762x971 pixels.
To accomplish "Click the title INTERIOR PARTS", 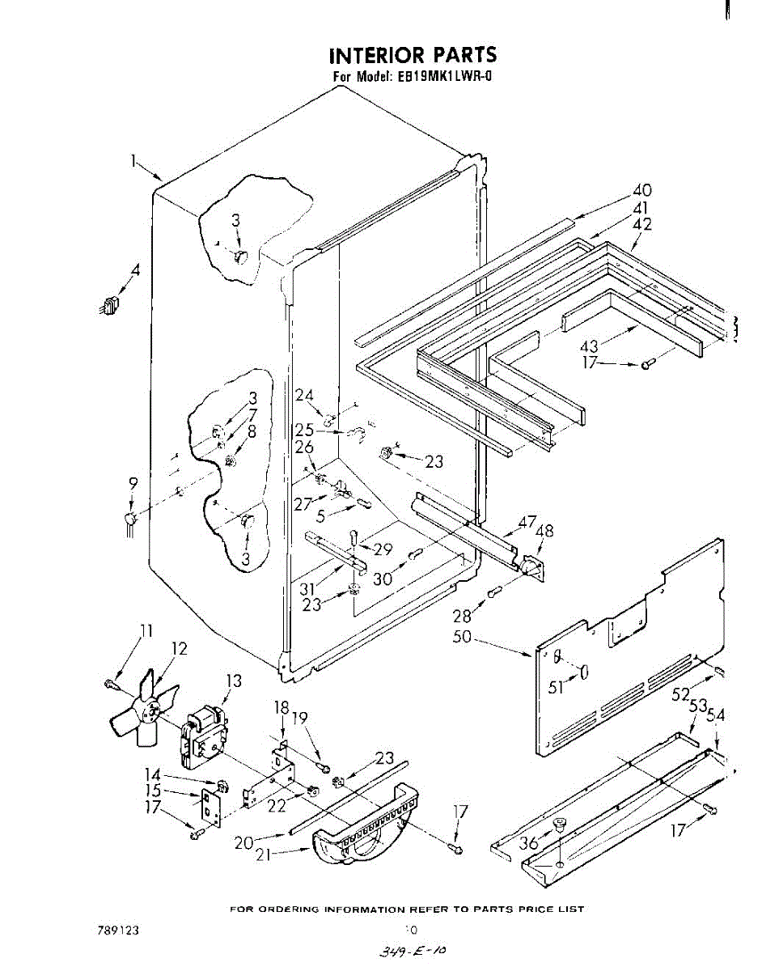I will point(412,55).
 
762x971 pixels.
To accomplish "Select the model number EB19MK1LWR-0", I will point(446,78).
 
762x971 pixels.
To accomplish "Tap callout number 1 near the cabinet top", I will point(134,160).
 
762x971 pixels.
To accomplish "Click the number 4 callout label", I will point(135,272).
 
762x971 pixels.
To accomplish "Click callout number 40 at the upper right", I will point(641,192).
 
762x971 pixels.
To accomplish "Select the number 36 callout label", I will point(529,843).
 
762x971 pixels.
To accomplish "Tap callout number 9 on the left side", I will point(133,484).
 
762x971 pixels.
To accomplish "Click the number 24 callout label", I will point(304,396).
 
